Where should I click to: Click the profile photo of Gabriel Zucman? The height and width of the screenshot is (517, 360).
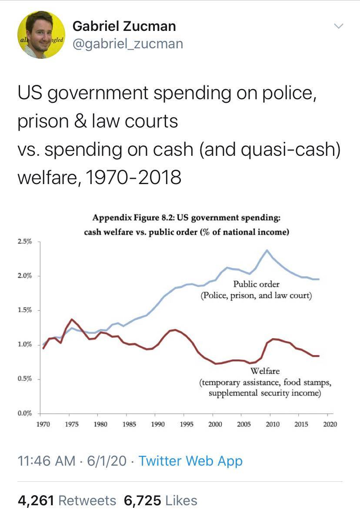point(41,35)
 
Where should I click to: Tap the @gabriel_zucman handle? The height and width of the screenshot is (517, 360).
point(128,44)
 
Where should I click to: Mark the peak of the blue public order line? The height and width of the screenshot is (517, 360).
point(267,250)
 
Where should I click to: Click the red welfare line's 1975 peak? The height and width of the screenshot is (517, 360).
point(72,319)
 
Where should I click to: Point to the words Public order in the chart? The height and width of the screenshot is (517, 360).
point(256,284)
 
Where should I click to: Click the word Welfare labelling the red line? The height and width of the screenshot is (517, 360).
point(265,371)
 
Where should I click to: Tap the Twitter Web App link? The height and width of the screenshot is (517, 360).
point(190,461)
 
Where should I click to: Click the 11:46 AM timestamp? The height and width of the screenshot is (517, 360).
point(46,461)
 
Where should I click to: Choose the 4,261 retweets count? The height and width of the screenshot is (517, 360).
point(36,500)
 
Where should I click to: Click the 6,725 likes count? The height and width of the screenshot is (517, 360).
point(142,500)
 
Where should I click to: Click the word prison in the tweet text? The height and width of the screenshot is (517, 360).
point(43,121)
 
